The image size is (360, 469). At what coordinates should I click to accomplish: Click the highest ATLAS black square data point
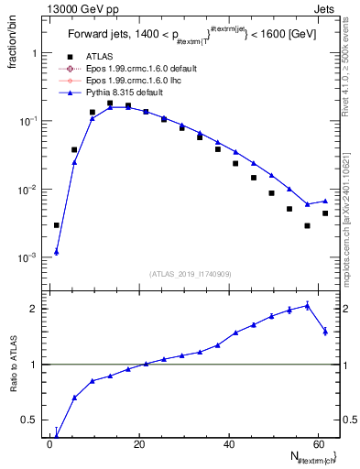click(x=110, y=104)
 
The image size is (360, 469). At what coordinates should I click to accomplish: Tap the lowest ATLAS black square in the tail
click(x=307, y=225)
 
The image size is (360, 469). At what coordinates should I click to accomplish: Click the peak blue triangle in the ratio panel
click(x=307, y=306)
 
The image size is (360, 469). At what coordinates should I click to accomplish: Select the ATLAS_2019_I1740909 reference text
click(x=191, y=274)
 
